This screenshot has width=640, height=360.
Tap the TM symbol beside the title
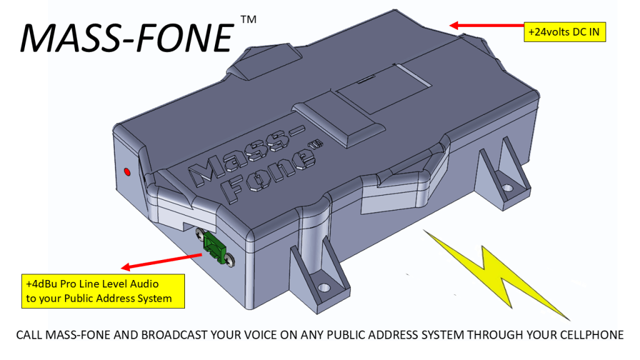(247, 21)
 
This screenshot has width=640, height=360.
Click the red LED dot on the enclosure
(127, 171)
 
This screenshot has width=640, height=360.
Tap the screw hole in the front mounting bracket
(324, 288)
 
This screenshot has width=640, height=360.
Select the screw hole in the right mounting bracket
(507, 186)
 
